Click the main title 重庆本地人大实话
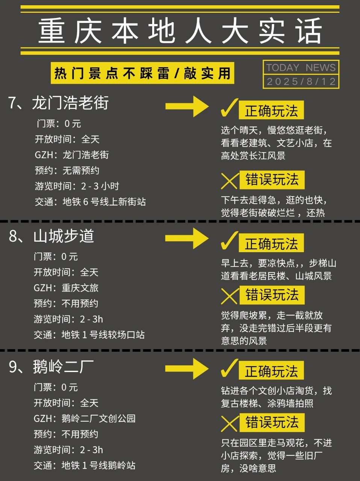tap(180, 31)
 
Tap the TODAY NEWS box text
tap(301, 68)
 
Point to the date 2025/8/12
tap(301, 82)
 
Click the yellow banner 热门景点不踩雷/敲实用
tap(142, 73)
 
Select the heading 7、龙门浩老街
tap(59, 103)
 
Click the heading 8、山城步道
tap(51, 236)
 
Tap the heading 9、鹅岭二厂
tap(51, 366)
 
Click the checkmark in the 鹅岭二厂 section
tap(229, 369)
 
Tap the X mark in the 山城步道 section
tap(229, 296)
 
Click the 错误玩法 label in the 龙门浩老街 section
tap(272, 180)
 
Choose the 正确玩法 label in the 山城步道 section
tap(271, 244)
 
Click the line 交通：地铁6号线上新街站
tap(90, 202)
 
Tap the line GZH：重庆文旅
tap(66, 288)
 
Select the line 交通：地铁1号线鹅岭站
tap(85, 465)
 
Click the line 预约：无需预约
tap(67, 170)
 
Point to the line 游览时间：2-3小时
tap(77, 186)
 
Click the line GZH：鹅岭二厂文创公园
tap(85, 418)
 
